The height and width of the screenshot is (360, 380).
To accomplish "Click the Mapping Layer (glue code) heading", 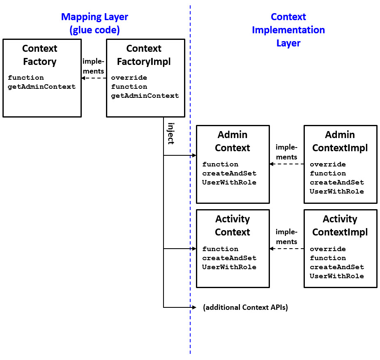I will coord(94,23).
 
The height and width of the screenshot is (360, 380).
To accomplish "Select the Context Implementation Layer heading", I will coord(288,30).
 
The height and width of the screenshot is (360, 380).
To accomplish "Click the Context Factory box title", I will coord(39,55).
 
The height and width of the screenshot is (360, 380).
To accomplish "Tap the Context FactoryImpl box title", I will coord(144,55).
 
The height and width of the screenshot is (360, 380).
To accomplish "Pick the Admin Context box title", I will coord(233,141).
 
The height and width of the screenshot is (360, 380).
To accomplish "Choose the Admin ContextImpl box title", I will coord(340,141).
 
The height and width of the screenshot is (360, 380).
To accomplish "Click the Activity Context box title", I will coord(233,226).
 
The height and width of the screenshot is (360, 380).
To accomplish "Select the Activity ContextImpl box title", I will coord(340,226).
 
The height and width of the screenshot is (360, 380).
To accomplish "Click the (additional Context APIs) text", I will coord(245,307).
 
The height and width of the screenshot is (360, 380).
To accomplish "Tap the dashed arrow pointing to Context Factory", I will coord(94,78).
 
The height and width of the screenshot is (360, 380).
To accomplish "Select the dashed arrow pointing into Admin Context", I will coord(286,164).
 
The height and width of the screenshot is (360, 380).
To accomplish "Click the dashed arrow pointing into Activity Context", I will coord(286,249).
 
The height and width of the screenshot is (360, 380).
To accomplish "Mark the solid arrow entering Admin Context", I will coord(180,156).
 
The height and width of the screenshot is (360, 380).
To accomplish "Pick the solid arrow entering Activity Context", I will coord(180,249).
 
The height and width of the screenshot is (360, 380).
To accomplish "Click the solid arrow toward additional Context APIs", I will coord(180,307).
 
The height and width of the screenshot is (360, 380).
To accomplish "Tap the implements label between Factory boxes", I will coord(93,66).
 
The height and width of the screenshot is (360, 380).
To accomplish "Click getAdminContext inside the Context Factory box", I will coord(42,87).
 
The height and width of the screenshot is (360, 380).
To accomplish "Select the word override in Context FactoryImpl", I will coord(129,78).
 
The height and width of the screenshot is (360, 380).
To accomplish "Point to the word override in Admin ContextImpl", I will coord(328,164).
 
